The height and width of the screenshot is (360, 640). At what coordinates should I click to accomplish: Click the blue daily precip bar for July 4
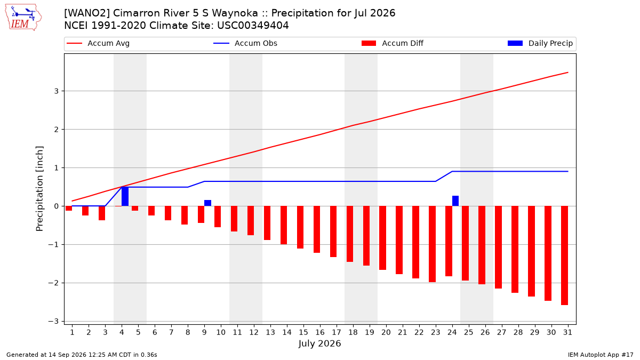click(x=125, y=196)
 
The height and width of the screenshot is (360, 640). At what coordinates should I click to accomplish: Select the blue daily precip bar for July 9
click(x=207, y=203)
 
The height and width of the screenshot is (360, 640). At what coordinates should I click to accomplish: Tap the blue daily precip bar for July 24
click(x=455, y=201)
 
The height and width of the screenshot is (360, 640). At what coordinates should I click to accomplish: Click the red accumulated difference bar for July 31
click(x=564, y=255)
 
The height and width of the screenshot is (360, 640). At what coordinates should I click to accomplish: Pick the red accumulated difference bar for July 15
click(x=300, y=227)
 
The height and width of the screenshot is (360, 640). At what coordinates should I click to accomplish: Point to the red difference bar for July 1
click(x=69, y=209)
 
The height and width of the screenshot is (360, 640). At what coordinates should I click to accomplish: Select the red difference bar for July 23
click(x=433, y=244)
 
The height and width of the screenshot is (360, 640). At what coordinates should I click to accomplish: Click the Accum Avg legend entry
click(x=98, y=43)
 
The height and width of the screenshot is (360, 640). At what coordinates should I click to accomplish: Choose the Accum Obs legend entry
click(x=245, y=43)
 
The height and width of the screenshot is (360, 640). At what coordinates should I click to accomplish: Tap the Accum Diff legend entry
click(x=393, y=43)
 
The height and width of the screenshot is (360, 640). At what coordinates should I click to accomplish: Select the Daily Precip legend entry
click(x=540, y=43)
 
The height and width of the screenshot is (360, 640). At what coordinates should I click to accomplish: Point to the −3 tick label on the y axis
click(x=53, y=322)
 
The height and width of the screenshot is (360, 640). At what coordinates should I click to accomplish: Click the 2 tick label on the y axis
click(x=57, y=130)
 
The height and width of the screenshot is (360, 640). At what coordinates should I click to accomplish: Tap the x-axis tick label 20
click(x=386, y=332)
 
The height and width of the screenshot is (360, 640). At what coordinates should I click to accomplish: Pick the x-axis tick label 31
click(x=567, y=332)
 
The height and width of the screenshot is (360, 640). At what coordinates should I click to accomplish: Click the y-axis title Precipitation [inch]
click(x=39, y=189)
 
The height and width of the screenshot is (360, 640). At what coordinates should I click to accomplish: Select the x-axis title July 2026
click(x=319, y=343)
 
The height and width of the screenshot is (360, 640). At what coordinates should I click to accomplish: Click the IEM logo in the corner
click(x=23, y=18)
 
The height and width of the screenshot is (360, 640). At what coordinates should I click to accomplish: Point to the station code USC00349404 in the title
click(x=253, y=26)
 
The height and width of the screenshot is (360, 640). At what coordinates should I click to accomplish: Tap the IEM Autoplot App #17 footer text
click(x=601, y=355)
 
